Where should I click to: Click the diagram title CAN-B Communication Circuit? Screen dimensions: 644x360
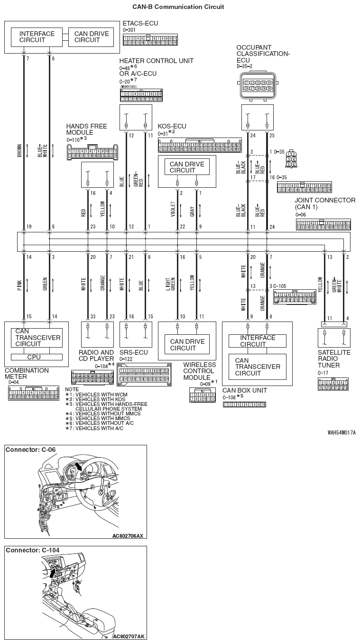tap(178, 7)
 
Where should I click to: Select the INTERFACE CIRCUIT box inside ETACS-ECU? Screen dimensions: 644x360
tap(37, 37)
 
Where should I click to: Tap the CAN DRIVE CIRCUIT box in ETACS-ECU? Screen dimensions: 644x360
tap(91, 37)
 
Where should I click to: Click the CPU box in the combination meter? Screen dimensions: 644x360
tap(34, 357)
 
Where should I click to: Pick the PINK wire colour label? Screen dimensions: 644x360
tap(19, 285)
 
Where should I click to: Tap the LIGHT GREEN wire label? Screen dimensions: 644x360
tap(174, 285)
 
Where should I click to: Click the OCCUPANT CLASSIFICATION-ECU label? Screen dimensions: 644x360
tap(263, 54)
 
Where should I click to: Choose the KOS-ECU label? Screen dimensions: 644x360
tap(172, 126)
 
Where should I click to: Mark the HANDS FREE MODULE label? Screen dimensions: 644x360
tap(86, 129)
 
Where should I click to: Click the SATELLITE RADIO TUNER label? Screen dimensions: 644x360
tap(334, 359)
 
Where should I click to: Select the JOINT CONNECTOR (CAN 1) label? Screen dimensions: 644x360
tap(324, 204)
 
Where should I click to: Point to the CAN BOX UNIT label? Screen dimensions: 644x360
tap(245, 390)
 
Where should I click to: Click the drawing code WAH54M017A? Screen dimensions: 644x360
tap(341, 432)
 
